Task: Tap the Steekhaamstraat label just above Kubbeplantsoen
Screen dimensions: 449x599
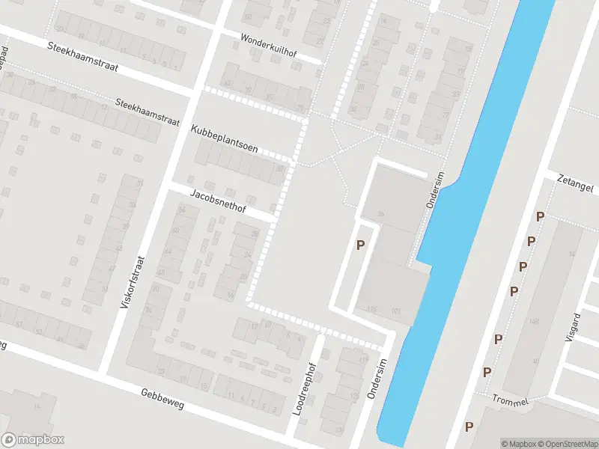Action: (148, 111)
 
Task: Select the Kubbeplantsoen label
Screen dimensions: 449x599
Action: (224, 138)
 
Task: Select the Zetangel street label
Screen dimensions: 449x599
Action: (574, 184)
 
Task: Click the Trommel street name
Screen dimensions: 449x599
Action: (511, 401)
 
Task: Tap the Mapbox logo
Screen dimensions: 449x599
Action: (33, 440)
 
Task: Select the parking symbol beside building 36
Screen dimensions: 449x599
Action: (360, 245)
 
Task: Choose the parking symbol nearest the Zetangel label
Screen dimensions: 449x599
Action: (540, 217)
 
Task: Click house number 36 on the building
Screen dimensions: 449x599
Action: (381, 215)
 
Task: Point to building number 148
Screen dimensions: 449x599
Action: (534, 321)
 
